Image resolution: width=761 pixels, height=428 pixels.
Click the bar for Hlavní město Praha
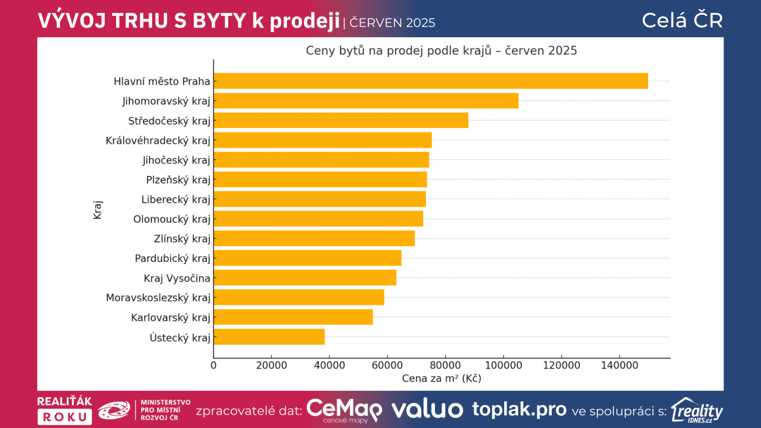(430, 81)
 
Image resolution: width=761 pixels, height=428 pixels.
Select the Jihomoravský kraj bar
(366, 101)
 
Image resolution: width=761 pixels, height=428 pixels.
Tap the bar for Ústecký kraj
(269, 337)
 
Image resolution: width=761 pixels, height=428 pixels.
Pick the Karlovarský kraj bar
(293, 317)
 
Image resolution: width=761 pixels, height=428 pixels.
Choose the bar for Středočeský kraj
(341, 120)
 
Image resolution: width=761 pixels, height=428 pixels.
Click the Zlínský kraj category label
(182, 239)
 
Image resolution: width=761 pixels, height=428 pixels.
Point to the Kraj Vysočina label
(177, 278)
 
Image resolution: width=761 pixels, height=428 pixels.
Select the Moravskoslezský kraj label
(158, 298)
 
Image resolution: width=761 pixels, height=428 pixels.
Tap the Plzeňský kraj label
(178, 180)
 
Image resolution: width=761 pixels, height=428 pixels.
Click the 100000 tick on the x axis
(503, 365)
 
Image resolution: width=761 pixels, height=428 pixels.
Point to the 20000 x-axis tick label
(272, 365)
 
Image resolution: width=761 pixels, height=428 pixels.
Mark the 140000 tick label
(619, 365)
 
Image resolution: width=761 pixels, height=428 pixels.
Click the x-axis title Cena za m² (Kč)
(441, 379)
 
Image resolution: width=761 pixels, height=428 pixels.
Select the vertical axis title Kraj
(98, 210)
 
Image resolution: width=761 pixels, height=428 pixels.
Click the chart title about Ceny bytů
(441, 50)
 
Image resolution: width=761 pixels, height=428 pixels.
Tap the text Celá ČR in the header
(682, 20)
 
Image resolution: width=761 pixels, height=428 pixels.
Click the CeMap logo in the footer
(344, 410)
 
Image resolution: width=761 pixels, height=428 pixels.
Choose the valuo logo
(427, 409)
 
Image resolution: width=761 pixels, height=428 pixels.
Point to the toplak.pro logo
(519, 409)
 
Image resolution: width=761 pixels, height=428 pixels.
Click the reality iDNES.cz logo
(697, 410)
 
